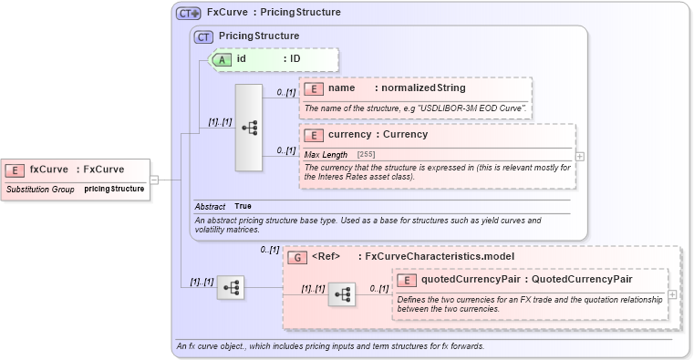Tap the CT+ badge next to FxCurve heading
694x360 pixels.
coord(188,13)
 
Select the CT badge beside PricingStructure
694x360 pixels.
coord(204,36)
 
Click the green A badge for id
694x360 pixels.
coord(222,59)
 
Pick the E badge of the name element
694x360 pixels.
coord(313,88)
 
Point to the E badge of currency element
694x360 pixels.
coord(313,134)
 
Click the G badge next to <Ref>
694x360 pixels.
coord(297,257)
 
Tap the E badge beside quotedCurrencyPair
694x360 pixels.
coord(408,279)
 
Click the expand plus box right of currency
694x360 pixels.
coord(580,157)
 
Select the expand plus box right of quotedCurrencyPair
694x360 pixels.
coord(672,293)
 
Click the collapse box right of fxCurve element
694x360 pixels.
coord(154,180)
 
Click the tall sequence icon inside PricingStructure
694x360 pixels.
coord(248,128)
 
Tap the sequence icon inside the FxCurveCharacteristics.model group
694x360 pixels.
coord(342,293)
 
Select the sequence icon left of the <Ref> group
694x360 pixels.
coord(232,288)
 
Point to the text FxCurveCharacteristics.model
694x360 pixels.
coord(440,257)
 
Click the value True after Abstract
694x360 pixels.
coord(243,206)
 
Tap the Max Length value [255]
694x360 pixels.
coord(366,154)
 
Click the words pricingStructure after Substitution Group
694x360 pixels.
coord(114,189)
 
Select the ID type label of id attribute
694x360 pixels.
coord(295,59)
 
